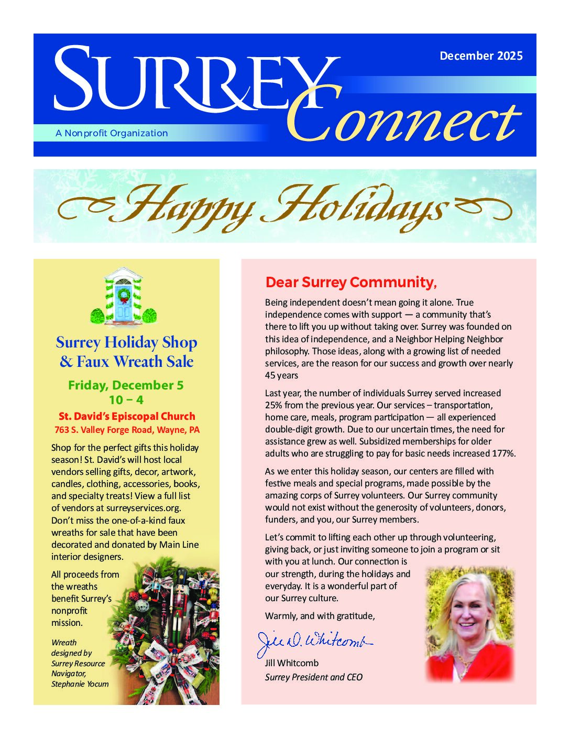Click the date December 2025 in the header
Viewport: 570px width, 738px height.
point(481,56)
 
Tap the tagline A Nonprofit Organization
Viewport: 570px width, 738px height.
point(112,133)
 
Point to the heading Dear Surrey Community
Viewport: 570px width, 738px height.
point(350,283)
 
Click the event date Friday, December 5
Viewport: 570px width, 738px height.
point(126,385)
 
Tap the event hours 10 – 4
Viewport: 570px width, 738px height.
point(126,400)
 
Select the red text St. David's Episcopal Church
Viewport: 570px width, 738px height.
point(127,416)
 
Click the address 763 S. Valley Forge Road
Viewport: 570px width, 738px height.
point(127,430)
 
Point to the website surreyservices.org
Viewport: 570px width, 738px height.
point(143,508)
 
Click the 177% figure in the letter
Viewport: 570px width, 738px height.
point(503,453)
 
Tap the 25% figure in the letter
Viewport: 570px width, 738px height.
point(273,405)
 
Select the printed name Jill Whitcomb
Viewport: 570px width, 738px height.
point(291,663)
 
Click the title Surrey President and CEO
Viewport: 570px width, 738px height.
point(313,677)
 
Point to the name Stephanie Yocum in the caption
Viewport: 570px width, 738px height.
point(80,684)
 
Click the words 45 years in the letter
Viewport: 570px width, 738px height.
point(281,375)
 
